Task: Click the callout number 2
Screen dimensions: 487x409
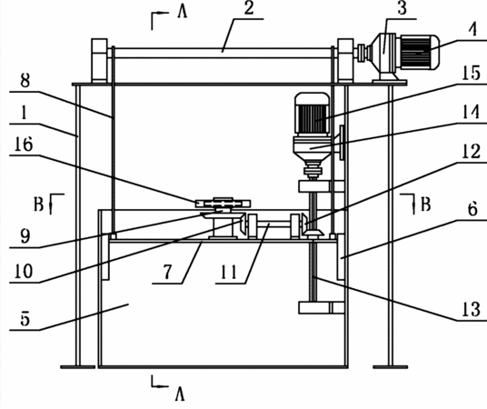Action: [x=249, y=8]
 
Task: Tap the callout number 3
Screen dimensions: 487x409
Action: [x=402, y=8]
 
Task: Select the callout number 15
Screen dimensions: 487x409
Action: [x=471, y=73]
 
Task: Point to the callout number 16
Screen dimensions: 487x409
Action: [x=24, y=145]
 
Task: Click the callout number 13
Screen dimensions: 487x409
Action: [x=471, y=309]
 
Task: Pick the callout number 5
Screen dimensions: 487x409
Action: [x=25, y=319]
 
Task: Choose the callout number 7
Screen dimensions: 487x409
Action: [x=167, y=272]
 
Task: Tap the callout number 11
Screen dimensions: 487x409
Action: [x=229, y=273]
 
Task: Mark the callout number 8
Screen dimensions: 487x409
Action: [x=25, y=81]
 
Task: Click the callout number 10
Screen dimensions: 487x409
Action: [x=24, y=271]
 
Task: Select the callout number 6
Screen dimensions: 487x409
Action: [x=472, y=209]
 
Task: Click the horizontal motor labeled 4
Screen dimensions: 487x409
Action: [x=420, y=52]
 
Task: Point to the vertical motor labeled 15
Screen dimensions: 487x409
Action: [x=312, y=115]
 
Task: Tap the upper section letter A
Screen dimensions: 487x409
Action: [x=183, y=13]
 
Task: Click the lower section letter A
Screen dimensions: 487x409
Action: [x=180, y=394]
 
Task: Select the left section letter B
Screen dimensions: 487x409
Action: [x=38, y=204]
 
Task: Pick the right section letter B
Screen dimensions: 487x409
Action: [x=425, y=204]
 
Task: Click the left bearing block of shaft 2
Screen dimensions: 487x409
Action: [x=99, y=61]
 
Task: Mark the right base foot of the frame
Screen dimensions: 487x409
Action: [x=391, y=367]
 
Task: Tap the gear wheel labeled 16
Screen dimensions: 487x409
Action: [x=223, y=204]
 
